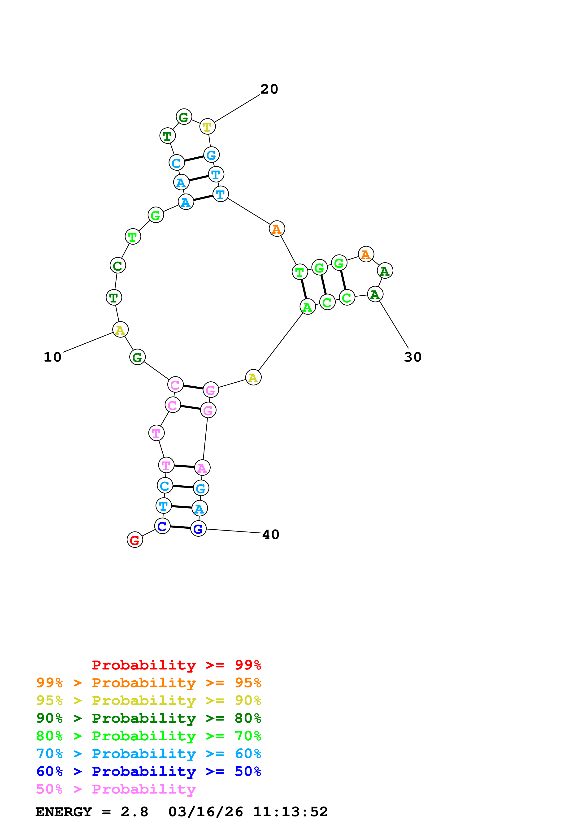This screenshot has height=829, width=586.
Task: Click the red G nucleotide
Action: pos(135,540)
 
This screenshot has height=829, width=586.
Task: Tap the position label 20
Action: pos(269,89)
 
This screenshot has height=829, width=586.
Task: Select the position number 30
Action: pos(413,357)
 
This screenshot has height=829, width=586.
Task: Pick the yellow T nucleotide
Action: pos(207,127)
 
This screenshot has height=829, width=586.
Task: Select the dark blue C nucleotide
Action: pos(162,526)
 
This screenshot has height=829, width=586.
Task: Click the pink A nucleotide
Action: pos(202,468)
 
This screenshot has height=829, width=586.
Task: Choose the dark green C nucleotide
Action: pos(118,266)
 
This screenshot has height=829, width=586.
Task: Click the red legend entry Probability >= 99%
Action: pos(176,665)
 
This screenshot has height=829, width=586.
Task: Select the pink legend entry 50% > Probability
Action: pos(116,789)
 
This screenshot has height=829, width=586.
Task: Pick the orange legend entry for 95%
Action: pos(149,683)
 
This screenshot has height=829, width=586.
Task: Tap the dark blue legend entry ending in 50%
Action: pos(149,772)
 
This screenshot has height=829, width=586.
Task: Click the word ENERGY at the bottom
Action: pos(64,812)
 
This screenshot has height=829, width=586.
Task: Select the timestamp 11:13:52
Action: pos(290,812)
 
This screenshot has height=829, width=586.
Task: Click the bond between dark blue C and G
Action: pos(180,527)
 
